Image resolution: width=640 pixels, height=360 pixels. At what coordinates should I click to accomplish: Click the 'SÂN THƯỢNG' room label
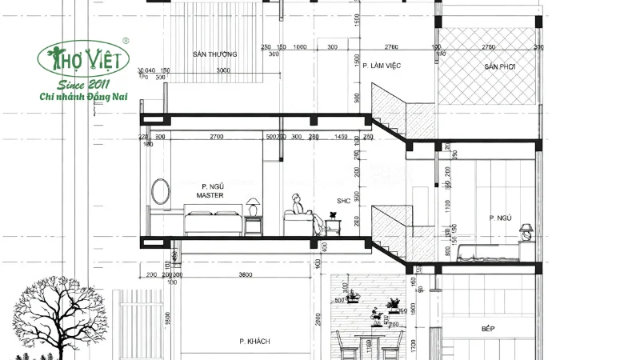214,54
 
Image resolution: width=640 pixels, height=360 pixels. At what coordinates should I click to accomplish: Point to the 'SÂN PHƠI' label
498,67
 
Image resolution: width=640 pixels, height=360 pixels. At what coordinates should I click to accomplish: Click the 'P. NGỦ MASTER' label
210,190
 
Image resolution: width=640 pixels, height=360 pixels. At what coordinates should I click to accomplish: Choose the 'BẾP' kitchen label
488,328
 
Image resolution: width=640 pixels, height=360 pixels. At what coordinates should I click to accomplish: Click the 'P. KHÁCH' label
254,342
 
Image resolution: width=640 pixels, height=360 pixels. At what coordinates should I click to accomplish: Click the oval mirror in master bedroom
161,192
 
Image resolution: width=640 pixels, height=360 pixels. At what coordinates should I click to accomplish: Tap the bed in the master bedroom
213,222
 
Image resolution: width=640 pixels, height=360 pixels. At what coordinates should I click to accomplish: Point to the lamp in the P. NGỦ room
526,231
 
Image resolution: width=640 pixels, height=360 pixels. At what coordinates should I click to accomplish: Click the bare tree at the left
48,312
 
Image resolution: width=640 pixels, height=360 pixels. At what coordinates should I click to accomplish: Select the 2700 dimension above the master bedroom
216,138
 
